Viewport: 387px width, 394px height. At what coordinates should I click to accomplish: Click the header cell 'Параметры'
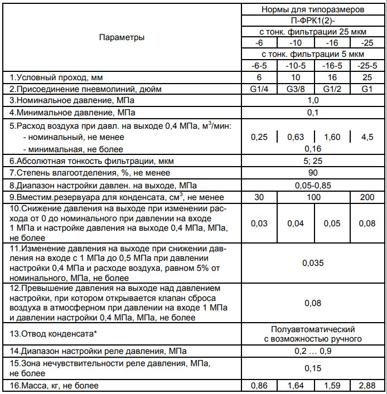(122, 37)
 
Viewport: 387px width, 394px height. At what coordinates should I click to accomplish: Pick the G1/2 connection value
(331, 89)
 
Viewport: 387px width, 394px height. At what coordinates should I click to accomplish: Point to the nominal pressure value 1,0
(313, 101)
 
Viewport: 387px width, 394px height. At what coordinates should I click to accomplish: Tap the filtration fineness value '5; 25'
(313, 161)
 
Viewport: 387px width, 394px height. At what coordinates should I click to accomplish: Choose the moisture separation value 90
(313, 173)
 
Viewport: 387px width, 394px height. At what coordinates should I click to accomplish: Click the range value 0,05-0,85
(313, 185)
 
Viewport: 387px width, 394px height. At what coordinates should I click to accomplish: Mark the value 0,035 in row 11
(313, 262)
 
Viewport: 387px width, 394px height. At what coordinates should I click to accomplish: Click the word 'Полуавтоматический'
(313, 329)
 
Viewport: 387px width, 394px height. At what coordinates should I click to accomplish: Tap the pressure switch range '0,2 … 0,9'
(313, 351)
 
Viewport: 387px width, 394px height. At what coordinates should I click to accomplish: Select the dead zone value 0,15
(313, 368)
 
